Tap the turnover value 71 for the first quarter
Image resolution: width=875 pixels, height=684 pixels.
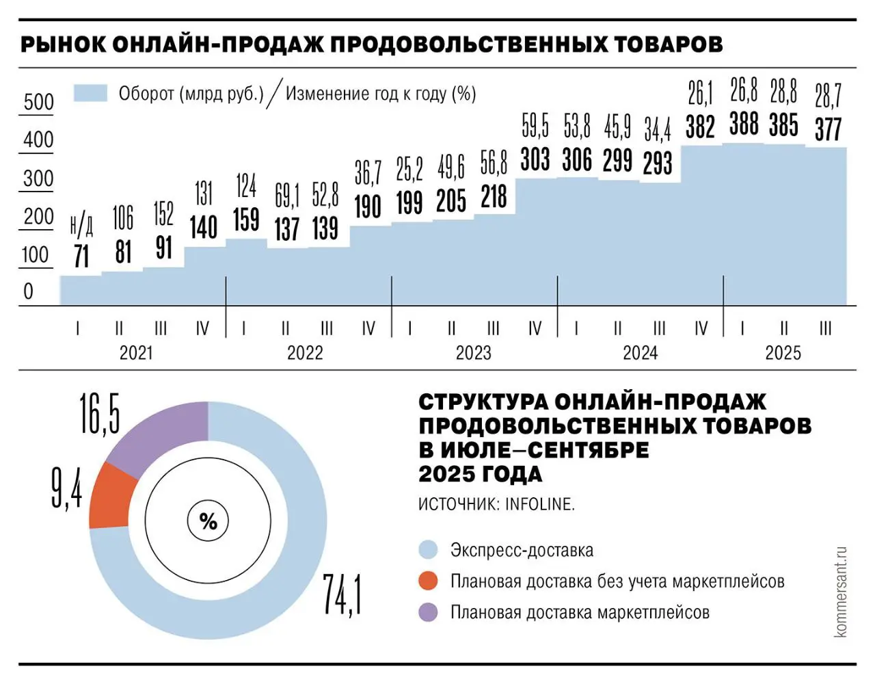81,256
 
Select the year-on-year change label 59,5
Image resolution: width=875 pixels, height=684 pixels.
535,127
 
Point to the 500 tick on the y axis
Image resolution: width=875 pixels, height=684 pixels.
38,102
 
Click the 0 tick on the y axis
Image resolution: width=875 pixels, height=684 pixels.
28,291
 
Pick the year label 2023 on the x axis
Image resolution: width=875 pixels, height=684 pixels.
473,353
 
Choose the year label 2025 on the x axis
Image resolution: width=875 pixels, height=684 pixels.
783,353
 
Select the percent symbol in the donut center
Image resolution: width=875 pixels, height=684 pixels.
208,522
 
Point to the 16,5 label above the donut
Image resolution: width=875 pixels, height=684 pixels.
100,413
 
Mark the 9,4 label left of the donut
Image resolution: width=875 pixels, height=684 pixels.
67,488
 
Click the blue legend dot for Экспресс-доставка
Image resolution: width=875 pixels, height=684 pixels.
428,550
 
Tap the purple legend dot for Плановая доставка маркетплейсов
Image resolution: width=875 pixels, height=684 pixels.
428,612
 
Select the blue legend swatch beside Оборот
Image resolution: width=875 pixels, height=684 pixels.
90,93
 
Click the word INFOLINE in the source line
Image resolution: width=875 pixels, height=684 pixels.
539,504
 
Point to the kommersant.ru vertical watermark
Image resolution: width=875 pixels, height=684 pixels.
840,592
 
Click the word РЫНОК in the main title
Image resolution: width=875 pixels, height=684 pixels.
64,44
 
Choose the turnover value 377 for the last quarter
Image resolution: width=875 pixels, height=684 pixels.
828,129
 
